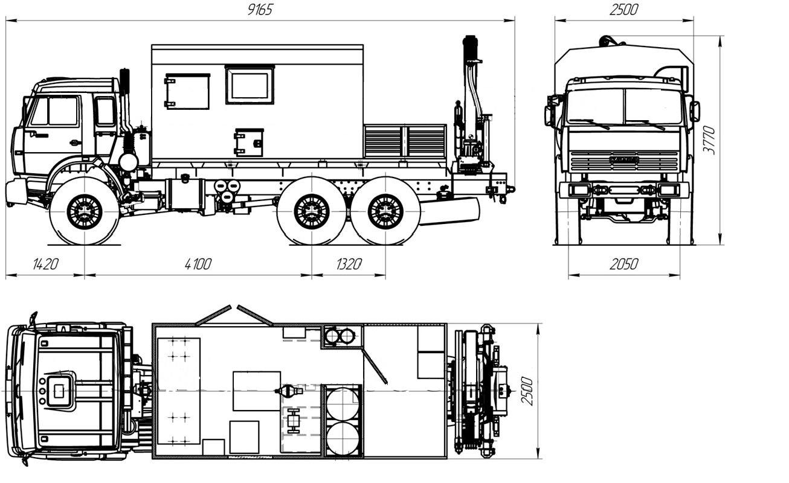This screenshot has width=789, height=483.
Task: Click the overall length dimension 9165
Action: [x=260, y=10]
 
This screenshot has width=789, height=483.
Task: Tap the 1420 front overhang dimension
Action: [x=45, y=264]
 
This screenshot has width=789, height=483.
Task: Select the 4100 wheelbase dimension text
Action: [x=198, y=264]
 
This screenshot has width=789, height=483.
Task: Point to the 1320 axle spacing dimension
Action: [x=349, y=264]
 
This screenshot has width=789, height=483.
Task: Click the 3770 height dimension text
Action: [x=709, y=140]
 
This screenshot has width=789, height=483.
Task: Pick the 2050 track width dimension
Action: [x=624, y=264]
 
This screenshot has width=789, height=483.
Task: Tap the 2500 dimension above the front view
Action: [x=624, y=10]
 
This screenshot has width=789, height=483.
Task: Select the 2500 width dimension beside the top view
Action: [x=527, y=391]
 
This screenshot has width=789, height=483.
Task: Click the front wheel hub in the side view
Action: [x=85, y=211]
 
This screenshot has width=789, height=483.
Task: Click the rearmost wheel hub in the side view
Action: [x=385, y=211]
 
